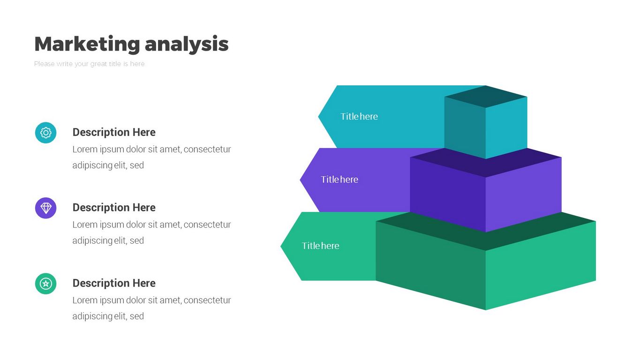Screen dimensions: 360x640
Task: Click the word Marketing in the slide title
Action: pos(87,44)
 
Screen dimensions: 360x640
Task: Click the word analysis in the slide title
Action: pos(187,44)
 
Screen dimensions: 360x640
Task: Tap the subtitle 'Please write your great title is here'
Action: pos(89,64)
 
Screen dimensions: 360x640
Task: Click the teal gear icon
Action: pos(45,133)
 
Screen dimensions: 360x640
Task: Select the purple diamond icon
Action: pos(45,208)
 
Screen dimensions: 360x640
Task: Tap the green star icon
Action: pos(45,284)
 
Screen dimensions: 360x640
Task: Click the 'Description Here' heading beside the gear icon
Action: pos(114,132)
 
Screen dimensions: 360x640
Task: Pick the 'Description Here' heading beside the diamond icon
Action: pos(114,208)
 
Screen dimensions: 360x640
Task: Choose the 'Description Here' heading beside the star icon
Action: pos(114,283)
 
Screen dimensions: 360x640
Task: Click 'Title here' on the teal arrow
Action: pos(359,117)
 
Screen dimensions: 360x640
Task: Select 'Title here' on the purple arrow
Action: pos(339,180)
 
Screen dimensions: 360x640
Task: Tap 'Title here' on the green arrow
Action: pos(320,246)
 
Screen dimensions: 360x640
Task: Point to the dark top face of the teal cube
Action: pos(486,97)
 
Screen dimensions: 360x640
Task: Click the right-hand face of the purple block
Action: pos(523,192)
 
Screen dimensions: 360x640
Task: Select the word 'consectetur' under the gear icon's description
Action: pos(207,150)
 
